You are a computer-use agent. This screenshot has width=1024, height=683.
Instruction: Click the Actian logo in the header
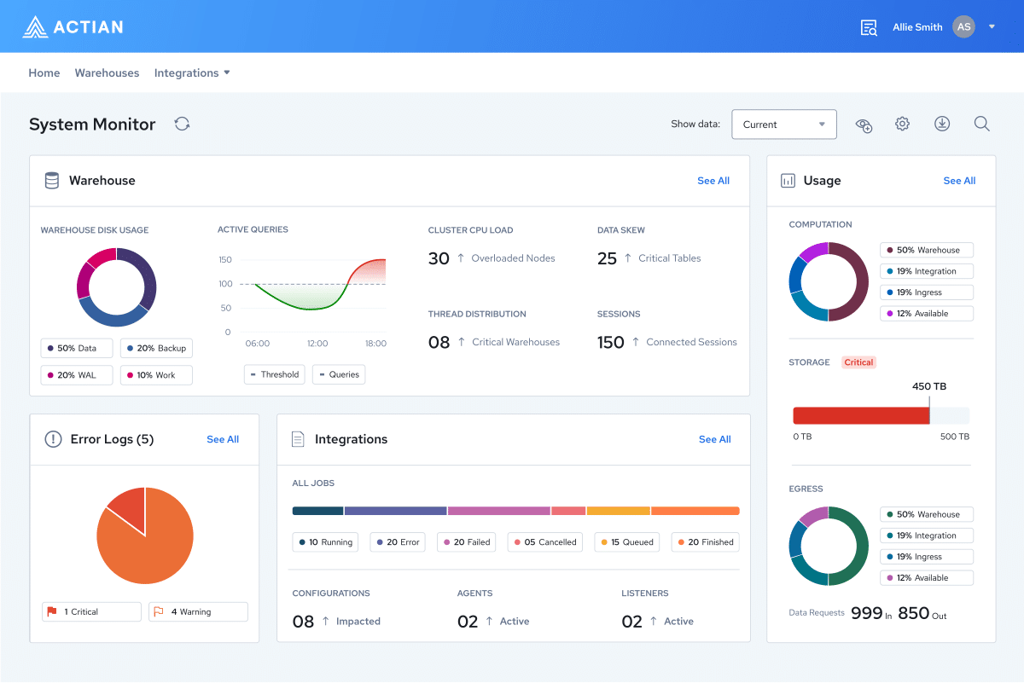73,27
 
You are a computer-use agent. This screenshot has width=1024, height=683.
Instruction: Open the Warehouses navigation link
107,73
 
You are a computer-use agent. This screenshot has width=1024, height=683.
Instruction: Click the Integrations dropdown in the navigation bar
192,73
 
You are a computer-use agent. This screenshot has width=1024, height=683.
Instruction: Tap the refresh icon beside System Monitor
182,124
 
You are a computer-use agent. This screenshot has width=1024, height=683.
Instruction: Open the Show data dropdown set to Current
784,124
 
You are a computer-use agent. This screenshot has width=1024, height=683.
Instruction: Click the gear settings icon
902,124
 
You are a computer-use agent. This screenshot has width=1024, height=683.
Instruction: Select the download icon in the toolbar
942,124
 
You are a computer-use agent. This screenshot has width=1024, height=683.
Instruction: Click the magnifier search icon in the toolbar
982,124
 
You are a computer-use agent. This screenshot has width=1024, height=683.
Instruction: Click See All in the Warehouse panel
713,181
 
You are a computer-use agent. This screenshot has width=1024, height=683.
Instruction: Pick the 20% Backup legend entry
156,349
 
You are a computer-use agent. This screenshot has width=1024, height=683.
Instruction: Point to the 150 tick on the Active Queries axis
225,259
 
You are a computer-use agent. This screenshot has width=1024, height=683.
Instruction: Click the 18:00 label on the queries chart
375,344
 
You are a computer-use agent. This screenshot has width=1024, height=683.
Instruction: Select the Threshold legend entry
274,374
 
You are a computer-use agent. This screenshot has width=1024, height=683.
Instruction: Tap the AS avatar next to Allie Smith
964,27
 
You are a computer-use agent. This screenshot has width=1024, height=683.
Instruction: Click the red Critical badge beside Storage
858,362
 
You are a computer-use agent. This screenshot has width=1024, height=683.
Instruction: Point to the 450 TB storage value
929,386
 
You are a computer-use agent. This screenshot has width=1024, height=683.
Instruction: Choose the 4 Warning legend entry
199,612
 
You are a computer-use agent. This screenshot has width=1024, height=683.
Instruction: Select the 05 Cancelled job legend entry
545,542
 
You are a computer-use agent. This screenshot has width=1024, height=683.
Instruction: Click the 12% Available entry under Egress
927,578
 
